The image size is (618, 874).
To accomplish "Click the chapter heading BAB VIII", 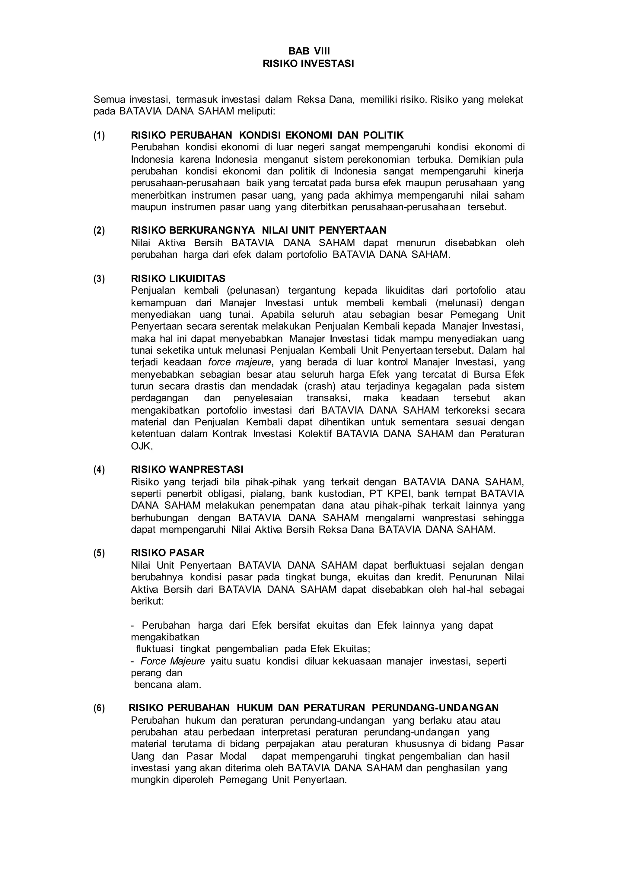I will click(309, 51).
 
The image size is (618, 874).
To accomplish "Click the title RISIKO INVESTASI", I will click(309, 64).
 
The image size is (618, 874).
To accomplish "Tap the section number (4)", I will click(99, 469).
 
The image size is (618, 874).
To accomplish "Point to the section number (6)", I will click(99, 708).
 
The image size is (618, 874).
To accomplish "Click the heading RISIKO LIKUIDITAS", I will click(178, 278).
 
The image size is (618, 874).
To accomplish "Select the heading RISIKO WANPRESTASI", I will click(187, 469).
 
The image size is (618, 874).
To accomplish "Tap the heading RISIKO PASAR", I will click(167, 553).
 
